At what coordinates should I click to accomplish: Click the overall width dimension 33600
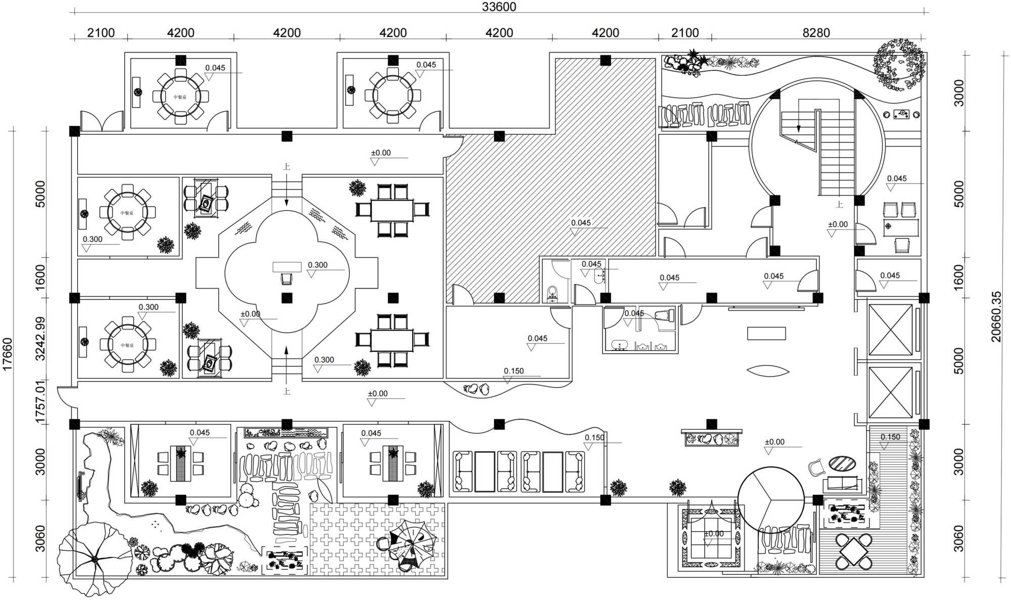499,7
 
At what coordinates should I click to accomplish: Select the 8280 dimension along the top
816,33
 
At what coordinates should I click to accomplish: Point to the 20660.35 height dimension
996,316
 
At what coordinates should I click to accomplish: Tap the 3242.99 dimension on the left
40,338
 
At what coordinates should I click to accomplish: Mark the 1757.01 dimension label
40,402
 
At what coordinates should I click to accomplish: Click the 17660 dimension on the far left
7,354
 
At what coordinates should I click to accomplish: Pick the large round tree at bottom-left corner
94,559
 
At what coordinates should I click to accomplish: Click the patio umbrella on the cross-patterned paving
412,545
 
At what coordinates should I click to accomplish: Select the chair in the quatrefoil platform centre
287,279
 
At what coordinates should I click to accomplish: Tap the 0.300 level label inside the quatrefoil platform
317,265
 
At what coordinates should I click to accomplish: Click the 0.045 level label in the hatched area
581,223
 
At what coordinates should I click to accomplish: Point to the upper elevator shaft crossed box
890,330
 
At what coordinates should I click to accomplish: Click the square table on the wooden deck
854,550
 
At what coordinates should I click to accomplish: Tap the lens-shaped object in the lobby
767,371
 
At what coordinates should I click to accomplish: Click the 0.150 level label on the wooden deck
890,437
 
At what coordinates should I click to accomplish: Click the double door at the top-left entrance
102,121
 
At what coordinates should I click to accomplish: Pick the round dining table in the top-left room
180,96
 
